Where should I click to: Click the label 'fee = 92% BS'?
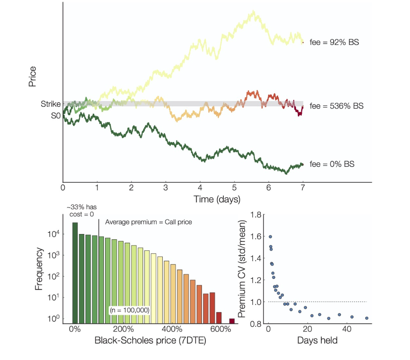point(334,42)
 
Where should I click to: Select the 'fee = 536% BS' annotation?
point(336,107)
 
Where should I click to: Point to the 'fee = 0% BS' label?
point(332,164)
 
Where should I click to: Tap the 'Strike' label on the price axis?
point(51,104)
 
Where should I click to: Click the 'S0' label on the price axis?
point(56,116)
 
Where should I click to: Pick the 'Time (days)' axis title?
point(217,199)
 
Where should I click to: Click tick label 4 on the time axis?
point(200,187)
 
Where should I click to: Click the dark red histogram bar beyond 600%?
point(232,321)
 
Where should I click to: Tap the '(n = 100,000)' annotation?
point(129,310)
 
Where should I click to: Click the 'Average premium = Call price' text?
point(149,222)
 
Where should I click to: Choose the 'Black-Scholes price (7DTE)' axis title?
point(150,341)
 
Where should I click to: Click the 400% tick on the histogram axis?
point(172,329)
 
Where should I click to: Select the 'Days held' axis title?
point(317,341)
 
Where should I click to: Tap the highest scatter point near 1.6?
point(270,237)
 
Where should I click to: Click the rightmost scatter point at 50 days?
point(366,318)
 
